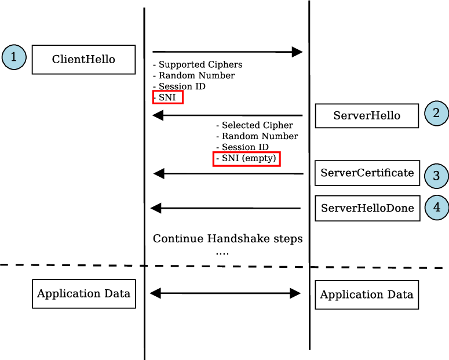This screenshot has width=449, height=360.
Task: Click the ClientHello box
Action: coord(83,60)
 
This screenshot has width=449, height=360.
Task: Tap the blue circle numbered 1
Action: coord(14,57)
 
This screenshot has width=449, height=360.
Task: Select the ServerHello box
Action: coord(367,116)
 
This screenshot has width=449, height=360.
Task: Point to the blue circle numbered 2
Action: coord(436,113)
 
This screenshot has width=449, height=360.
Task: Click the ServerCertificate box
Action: coord(367,173)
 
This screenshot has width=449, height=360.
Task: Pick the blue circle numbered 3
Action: coord(436,176)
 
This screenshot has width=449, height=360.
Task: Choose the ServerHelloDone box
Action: coord(368,208)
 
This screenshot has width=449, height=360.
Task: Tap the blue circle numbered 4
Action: coord(437,208)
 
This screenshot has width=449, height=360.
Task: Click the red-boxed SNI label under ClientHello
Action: coord(168,97)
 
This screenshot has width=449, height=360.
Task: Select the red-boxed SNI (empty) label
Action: coord(247,159)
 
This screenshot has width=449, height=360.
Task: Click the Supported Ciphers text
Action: coord(200,65)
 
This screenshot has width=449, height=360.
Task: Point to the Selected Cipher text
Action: coord(257,125)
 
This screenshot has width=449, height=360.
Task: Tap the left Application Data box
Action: coord(84,294)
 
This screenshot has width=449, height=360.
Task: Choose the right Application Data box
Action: coord(367,294)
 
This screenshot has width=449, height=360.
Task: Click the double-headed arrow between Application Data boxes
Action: coord(225,293)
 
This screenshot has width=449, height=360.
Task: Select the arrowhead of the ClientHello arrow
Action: coord(297,52)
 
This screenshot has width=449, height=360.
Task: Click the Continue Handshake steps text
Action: coord(228,239)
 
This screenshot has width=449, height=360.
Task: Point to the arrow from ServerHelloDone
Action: coord(225,208)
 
